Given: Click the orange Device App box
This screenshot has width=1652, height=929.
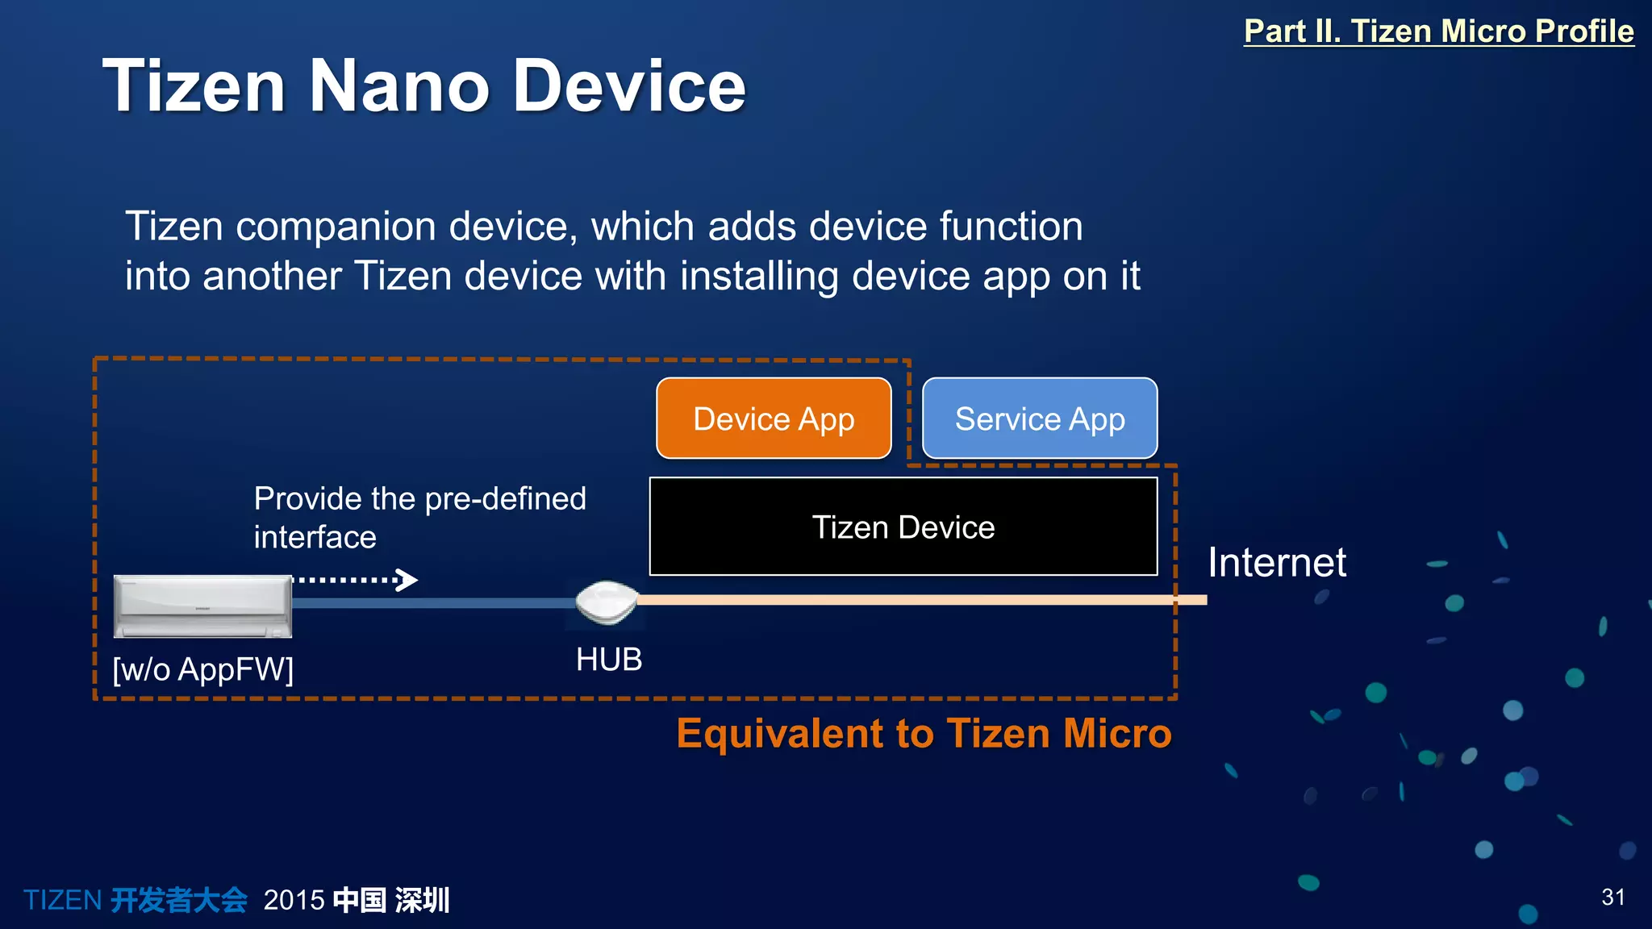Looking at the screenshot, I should pos(774,419).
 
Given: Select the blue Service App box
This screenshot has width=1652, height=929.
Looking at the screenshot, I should pos(1040,419).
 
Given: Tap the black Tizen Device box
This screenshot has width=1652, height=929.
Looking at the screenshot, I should pos(903,527).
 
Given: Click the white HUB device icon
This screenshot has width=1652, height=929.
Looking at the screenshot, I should pos(607,602).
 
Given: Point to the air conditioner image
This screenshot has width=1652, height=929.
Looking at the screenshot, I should pos(202,606).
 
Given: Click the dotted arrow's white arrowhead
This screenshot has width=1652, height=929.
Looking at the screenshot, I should pos(408,580).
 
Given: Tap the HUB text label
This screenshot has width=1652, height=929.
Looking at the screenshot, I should pos(609,660).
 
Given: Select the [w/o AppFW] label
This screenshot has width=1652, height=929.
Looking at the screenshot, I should pos(203,669).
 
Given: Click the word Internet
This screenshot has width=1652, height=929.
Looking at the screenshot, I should pos(1276,562).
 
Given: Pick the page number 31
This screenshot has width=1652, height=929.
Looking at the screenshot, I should pos(1612,897).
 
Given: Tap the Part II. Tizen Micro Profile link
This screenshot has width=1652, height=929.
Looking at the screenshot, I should pos(1438,31).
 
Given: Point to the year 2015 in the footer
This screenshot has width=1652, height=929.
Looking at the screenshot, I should pos(294,900).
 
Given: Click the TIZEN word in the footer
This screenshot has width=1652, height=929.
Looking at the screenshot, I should pos(62,900).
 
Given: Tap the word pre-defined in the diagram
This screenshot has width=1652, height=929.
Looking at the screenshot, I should pos(505,499).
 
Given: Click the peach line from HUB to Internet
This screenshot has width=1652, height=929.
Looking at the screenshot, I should pos(920,600).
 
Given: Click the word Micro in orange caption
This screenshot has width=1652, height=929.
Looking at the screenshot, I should pos(1117,734).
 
